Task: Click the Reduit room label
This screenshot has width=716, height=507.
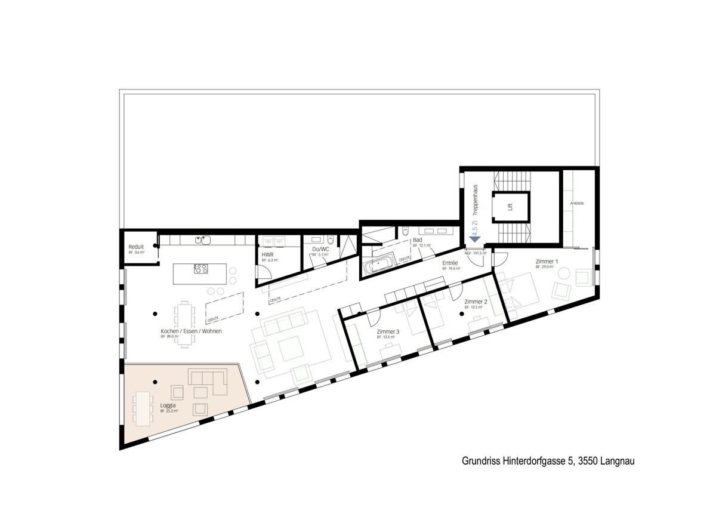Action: (135, 247)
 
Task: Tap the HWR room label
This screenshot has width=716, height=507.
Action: (267, 254)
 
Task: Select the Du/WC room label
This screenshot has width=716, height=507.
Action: (320, 249)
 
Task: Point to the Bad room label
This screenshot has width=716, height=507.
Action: (417, 239)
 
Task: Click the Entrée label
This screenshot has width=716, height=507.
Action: (450, 263)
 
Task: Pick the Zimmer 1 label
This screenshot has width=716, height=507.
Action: (547, 262)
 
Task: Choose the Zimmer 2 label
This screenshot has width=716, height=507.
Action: (476, 302)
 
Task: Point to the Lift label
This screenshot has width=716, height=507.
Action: (510, 207)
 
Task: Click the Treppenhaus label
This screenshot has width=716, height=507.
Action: (476, 199)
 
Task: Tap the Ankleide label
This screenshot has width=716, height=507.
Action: (576, 204)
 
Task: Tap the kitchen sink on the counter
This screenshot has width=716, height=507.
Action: (204, 240)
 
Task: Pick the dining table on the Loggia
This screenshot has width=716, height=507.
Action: (143, 408)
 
